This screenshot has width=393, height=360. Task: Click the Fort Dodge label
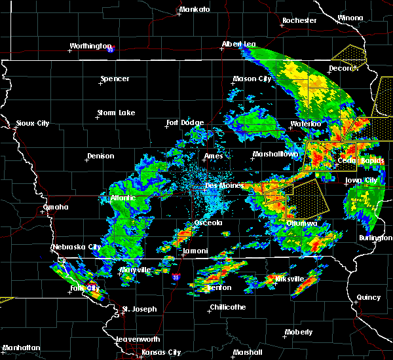pyautogui.click(x=185, y=122)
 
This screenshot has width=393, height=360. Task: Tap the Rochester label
pyautogui.click(x=299, y=21)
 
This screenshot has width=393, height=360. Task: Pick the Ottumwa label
pyautogui.click(x=301, y=223)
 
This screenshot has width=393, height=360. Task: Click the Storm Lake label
pyautogui.click(x=116, y=113)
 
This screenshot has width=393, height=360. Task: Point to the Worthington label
pyautogui.click(x=91, y=46)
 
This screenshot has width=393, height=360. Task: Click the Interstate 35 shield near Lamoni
pyautogui.click(x=176, y=278)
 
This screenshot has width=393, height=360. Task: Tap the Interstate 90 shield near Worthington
pyautogui.click(x=110, y=49)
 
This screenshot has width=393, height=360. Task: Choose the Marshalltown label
pyautogui.click(x=276, y=154)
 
